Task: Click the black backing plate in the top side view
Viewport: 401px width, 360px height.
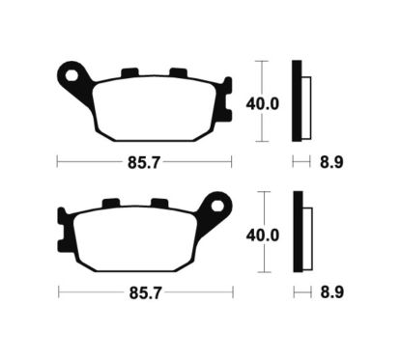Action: pyautogui.click(x=297, y=102)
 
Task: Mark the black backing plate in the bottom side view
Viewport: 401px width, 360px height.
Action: pyautogui.click(x=297, y=233)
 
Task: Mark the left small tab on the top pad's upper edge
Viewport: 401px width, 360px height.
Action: pyautogui.click(x=129, y=72)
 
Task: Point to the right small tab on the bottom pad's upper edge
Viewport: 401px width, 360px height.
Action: pyautogui.click(x=160, y=204)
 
